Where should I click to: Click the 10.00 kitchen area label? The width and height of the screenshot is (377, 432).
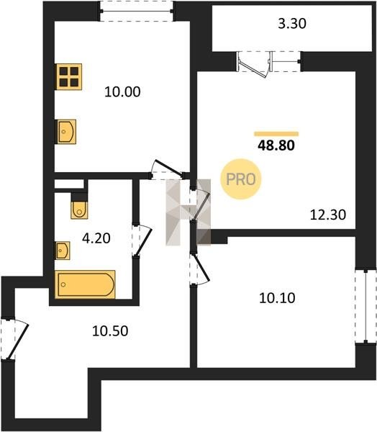[x=122, y=91]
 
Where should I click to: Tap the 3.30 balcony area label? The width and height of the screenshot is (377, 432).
[x=292, y=24]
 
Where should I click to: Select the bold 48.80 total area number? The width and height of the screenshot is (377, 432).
[x=276, y=145]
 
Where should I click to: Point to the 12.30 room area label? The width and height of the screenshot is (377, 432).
[x=328, y=215]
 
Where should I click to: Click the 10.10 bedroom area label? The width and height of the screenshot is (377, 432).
[x=277, y=298]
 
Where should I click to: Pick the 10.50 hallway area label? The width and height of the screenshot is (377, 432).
[x=110, y=331]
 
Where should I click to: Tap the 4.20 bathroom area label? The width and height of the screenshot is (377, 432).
[x=96, y=238]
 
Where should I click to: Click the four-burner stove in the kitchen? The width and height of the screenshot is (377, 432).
[x=69, y=76]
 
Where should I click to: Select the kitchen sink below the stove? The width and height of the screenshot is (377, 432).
[x=66, y=132]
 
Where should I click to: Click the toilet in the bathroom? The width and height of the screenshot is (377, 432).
[x=79, y=210]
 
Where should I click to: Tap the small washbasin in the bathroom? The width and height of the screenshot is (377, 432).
[x=63, y=251]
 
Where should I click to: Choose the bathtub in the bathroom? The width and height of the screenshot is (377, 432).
[x=85, y=284]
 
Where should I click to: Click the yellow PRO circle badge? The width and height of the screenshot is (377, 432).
[x=241, y=179]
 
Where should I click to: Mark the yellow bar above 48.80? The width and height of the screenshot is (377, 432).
[x=276, y=134]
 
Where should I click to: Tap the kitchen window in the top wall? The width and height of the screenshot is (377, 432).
[x=137, y=12]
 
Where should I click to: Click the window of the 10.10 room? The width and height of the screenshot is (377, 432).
[x=365, y=307]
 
